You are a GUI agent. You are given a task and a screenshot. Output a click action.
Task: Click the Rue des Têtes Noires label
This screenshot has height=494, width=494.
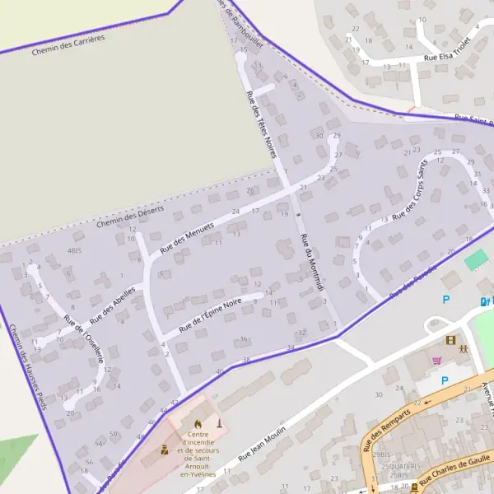click(262, 124)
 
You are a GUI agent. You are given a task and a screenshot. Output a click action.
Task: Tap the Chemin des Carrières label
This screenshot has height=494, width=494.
click(68, 46)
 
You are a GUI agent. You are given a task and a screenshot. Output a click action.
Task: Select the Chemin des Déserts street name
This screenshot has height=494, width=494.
click(129, 217)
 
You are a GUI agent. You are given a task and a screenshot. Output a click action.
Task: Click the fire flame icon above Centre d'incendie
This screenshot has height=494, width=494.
click(197, 424)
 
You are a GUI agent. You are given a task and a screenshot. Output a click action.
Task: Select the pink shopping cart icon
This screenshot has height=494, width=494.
click(437, 360)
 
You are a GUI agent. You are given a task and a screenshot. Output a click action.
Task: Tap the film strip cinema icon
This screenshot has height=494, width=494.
click(450, 339)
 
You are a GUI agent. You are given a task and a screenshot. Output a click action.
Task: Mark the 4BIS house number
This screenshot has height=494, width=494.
click(76, 249)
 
